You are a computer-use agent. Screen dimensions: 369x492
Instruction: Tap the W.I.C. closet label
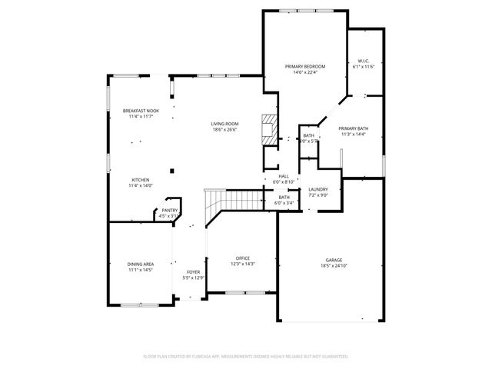pyautogui.click(x=364, y=61)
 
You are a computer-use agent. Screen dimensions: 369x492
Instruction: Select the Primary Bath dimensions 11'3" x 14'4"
pyautogui.click(x=353, y=135)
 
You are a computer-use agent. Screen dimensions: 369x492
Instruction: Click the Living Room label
pyautogui.click(x=225, y=124)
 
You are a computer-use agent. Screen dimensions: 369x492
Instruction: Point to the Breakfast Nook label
pyautogui.click(x=141, y=111)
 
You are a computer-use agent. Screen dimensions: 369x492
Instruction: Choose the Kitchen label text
pyautogui.click(x=140, y=179)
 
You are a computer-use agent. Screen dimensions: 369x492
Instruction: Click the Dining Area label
pyautogui.click(x=140, y=264)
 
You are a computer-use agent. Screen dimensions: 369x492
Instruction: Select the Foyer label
pyautogui.click(x=192, y=271)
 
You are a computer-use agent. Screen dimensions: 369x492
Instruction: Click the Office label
pyautogui.click(x=243, y=258)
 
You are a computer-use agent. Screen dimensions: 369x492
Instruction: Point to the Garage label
pyautogui.click(x=334, y=259)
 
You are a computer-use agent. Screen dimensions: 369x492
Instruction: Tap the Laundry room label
pyautogui.click(x=318, y=189)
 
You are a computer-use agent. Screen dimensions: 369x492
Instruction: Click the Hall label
pyautogui.click(x=284, y=176)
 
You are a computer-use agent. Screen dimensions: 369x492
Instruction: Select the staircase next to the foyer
pyautogui.click(x=223, y=201)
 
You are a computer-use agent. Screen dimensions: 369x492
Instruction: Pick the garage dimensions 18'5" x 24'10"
pyautogui.click(x=334, y=265)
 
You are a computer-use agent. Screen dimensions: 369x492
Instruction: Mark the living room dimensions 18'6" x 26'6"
pyautogui.click(x=225, y=130)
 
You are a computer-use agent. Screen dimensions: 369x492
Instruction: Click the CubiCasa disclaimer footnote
pyautogui.click(x=246, y=356)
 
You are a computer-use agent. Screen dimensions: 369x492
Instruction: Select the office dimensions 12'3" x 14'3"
pyautogui.click(x=243, y=264)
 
